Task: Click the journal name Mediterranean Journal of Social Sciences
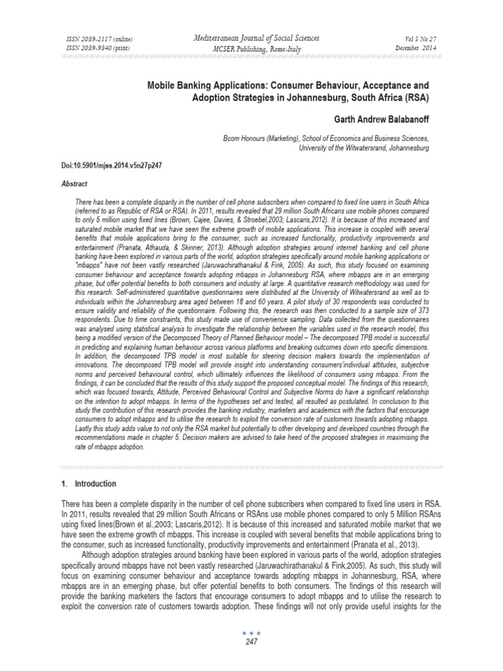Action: click(x=251, y=39)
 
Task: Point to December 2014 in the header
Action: click(x=411, y=48)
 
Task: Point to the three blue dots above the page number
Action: click(x=251, y=651)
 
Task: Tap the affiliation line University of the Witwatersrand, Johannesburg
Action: click(x=364, y=149)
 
